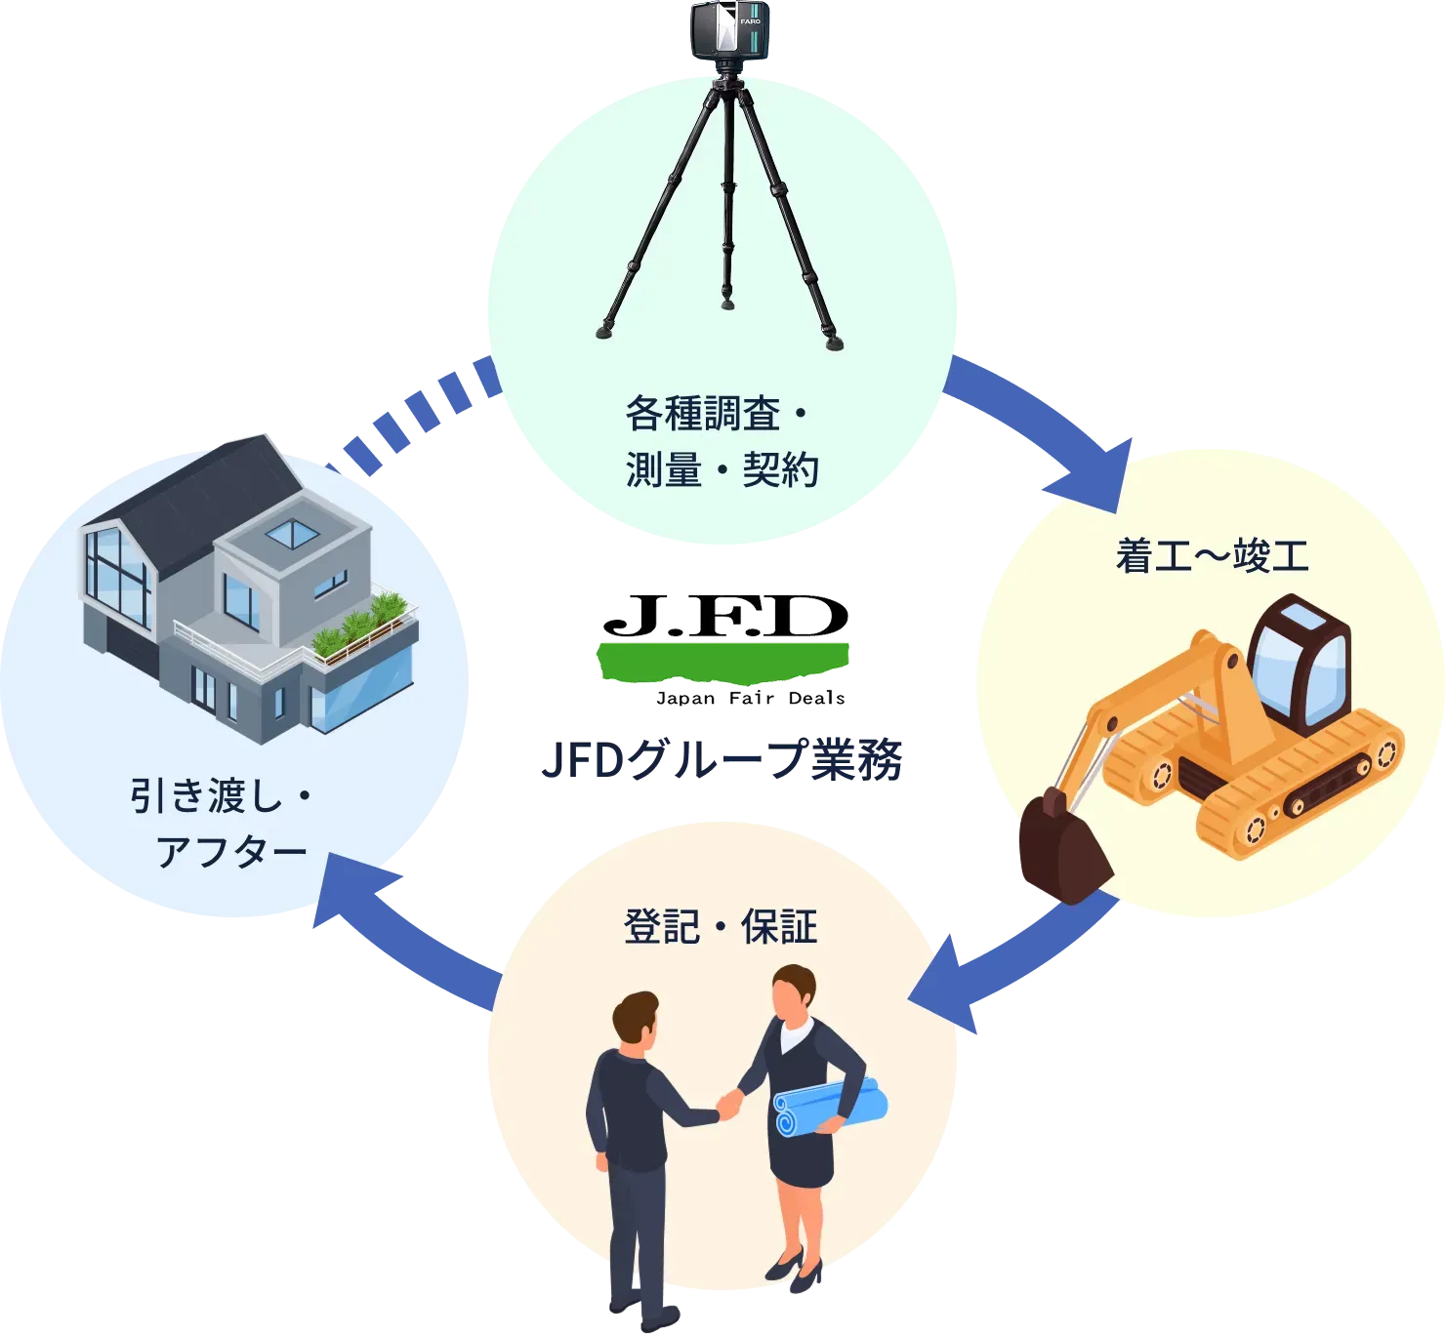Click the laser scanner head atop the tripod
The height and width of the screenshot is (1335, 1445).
point(726,30)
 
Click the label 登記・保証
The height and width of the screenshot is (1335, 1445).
point(721,926)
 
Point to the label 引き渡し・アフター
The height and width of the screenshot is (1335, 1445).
point(221,825)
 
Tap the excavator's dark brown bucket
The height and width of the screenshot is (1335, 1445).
point(1062,848)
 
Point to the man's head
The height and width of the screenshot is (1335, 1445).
point(637,1020)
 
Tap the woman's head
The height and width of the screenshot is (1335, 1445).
point(793,991)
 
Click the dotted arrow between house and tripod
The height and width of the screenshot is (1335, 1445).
point(420,410)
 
